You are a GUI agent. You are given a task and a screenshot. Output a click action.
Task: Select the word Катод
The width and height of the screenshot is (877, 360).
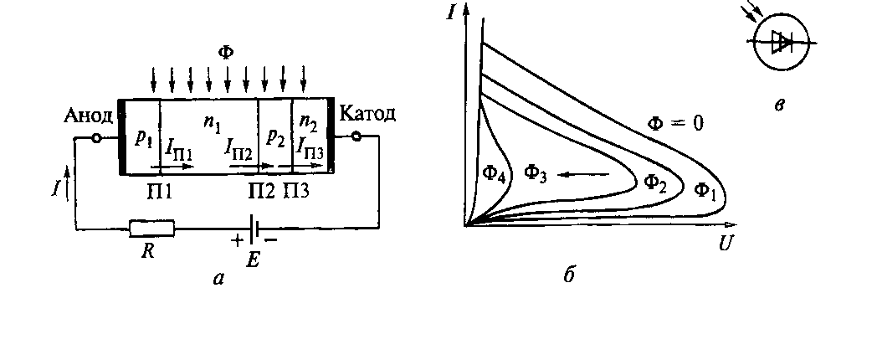pyautogui.click(x=369, y=115)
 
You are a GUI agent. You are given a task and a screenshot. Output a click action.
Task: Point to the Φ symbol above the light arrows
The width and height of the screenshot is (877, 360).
pyautogui.click(x=226, y=53)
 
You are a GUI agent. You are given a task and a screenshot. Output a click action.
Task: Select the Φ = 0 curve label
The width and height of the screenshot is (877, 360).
pyautogui.click(x=676, y=123)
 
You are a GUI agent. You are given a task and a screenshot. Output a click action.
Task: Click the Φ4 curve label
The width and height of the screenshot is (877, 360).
pyautogui.click(x=494, y=174)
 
